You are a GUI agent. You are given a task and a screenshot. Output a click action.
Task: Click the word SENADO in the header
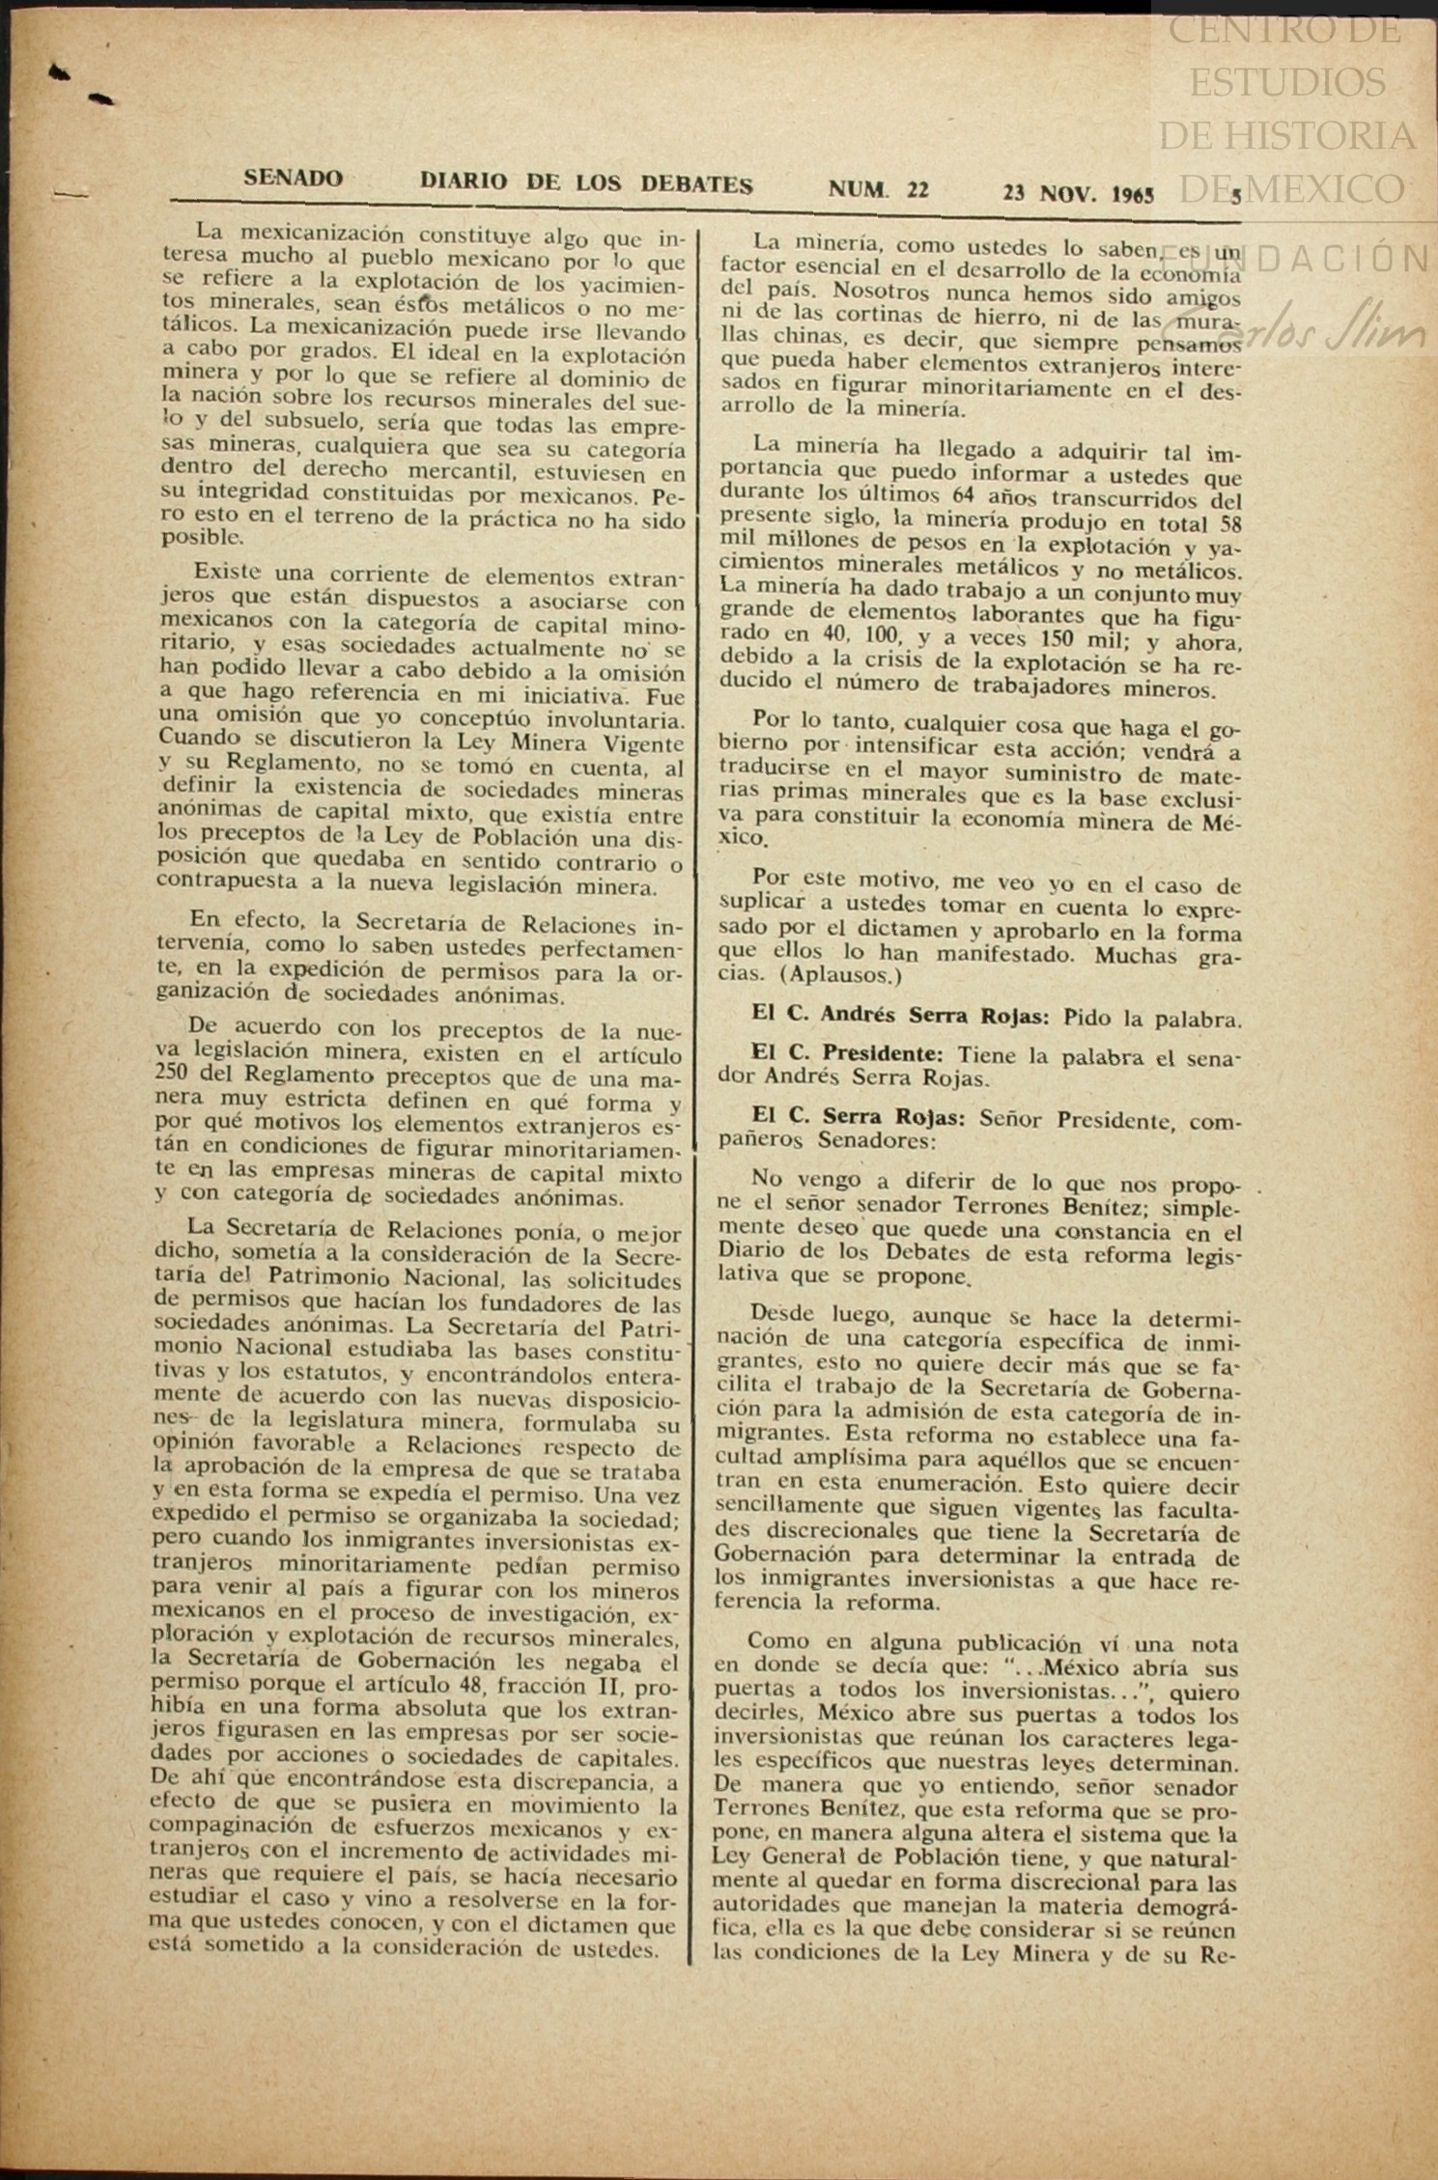(293, 179)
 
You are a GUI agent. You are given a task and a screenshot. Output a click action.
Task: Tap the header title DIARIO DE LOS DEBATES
(585, 183)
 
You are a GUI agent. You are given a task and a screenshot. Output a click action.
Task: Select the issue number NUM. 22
(878, 189)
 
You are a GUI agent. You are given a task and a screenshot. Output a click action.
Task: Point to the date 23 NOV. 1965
(1078, 192)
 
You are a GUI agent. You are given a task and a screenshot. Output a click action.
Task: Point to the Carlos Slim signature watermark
(1347, 333)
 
